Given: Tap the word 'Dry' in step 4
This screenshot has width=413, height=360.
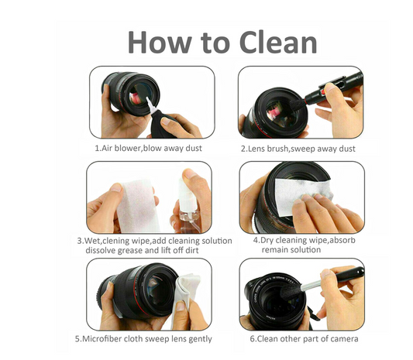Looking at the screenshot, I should (271, 241).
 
